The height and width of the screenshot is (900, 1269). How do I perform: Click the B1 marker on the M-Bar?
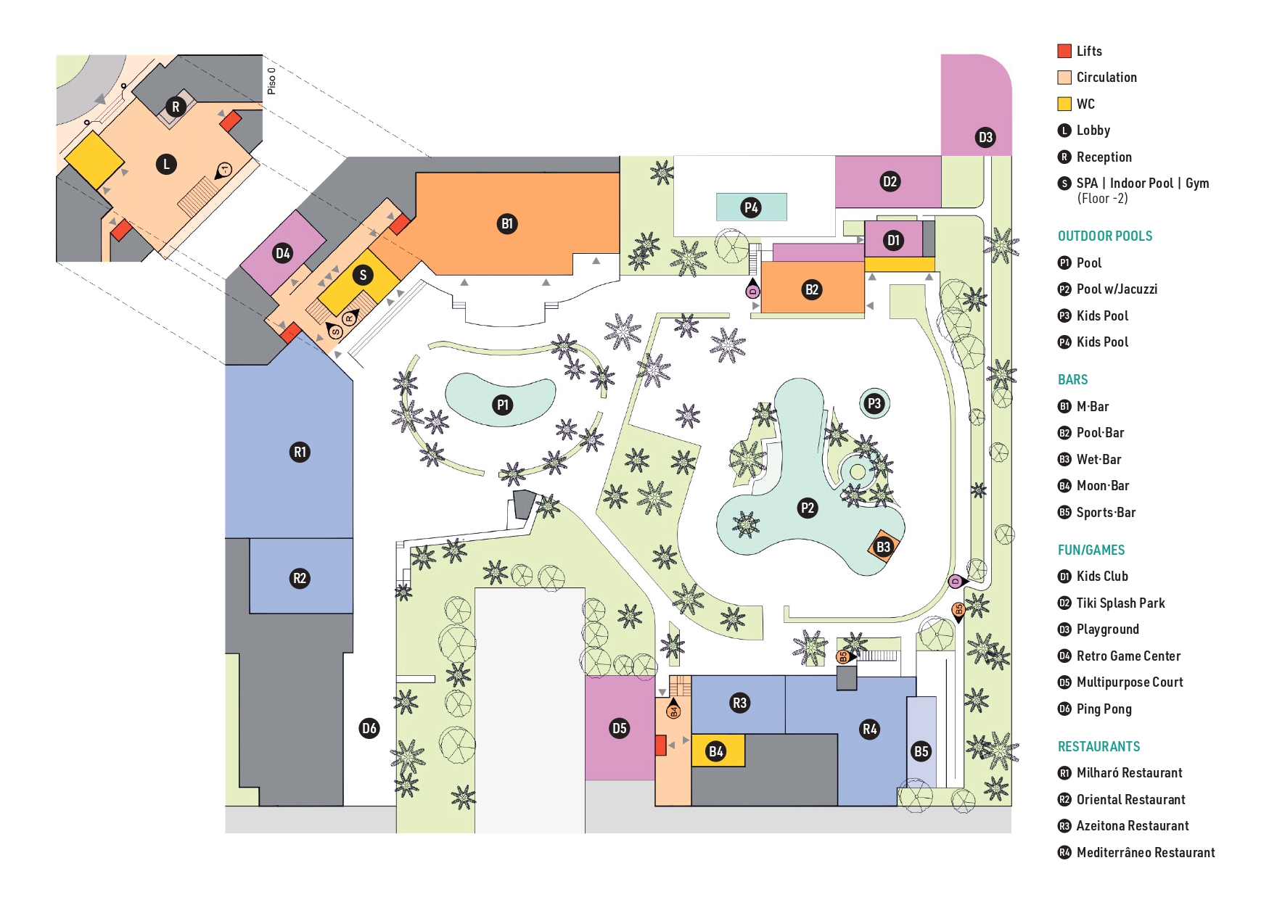tap(507, 223)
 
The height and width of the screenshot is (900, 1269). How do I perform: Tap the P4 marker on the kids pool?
tap(751, 207)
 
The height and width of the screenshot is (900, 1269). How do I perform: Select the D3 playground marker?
tap(985, 137)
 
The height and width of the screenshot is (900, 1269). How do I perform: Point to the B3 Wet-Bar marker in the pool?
tap(883, 547)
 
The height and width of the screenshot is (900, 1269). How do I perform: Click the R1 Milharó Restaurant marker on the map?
tap(300, 452)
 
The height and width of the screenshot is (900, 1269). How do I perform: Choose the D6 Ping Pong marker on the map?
tap(369, 728)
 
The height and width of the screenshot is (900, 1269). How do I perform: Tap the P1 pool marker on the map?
tap(502, 405)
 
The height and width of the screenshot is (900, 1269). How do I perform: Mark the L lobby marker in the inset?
tap(166, 164)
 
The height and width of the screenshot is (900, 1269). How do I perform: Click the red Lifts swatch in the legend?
tap(1064, 51)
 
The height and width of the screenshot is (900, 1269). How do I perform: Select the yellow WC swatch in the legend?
tap(1064, 104)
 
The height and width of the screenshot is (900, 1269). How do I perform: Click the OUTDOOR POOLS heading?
tap(1104, 236)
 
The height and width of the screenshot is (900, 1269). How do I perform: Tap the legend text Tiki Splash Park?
tap(1120, 603)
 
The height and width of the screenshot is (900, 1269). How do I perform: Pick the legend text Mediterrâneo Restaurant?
tap(1145, 852)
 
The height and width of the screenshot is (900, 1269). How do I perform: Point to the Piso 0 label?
tap(271, 80)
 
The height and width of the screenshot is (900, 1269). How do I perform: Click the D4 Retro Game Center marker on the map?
tap(282, 253)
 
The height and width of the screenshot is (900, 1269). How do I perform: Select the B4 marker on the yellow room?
tap(716, 751)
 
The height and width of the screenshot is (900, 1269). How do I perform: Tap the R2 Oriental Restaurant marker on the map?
tap(300, 578)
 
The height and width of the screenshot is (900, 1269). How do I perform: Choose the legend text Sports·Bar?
tap(1106, 512)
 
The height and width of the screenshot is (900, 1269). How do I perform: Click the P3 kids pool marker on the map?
tap(874, 404)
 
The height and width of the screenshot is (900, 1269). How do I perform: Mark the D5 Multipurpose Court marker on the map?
tap(619, 728)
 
